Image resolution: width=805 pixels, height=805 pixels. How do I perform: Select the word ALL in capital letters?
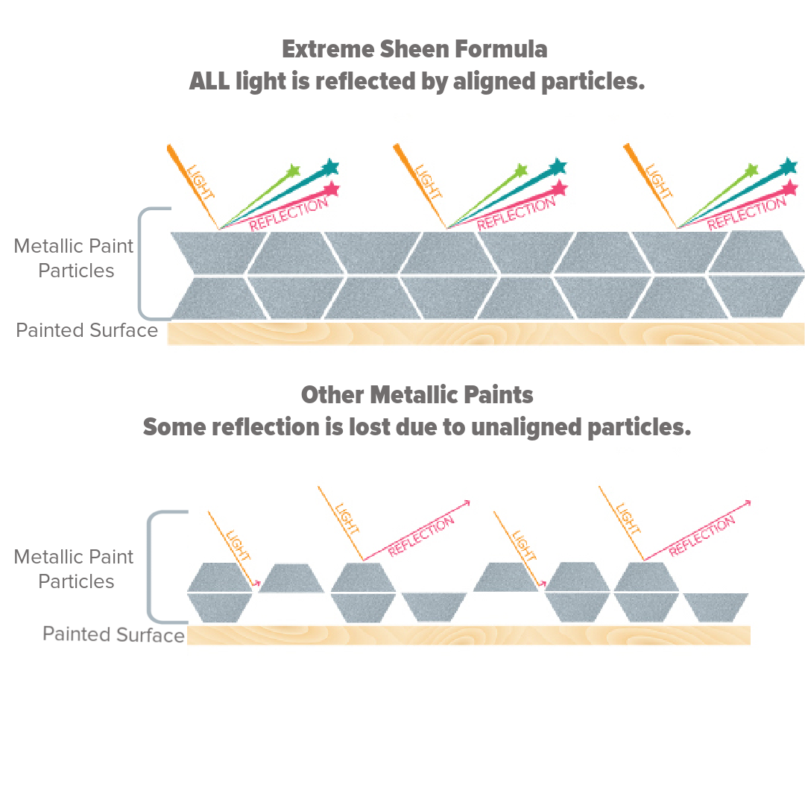click(209, 81)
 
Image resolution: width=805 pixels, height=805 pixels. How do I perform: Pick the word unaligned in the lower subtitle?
click(526, 427)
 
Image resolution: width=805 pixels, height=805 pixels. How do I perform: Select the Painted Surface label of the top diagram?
click(86, 330)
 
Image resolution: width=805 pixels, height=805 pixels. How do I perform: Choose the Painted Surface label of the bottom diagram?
click(113, 634)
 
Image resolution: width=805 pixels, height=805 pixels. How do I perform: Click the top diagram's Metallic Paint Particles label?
click(74, 258)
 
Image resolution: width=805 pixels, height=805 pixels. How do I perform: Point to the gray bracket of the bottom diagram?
click(149, 566)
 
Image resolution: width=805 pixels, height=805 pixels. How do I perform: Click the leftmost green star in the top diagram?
click(293, 171)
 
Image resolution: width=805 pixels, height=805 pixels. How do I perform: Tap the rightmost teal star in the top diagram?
click(789, 166)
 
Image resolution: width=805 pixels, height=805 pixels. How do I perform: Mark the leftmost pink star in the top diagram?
click(332, 189)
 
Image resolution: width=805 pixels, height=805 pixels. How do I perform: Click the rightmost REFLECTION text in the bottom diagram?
click(702, 535)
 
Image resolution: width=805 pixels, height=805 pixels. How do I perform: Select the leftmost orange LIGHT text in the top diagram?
click(201, 183)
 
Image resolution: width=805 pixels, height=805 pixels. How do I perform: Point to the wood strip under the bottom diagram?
click(468, 635)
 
